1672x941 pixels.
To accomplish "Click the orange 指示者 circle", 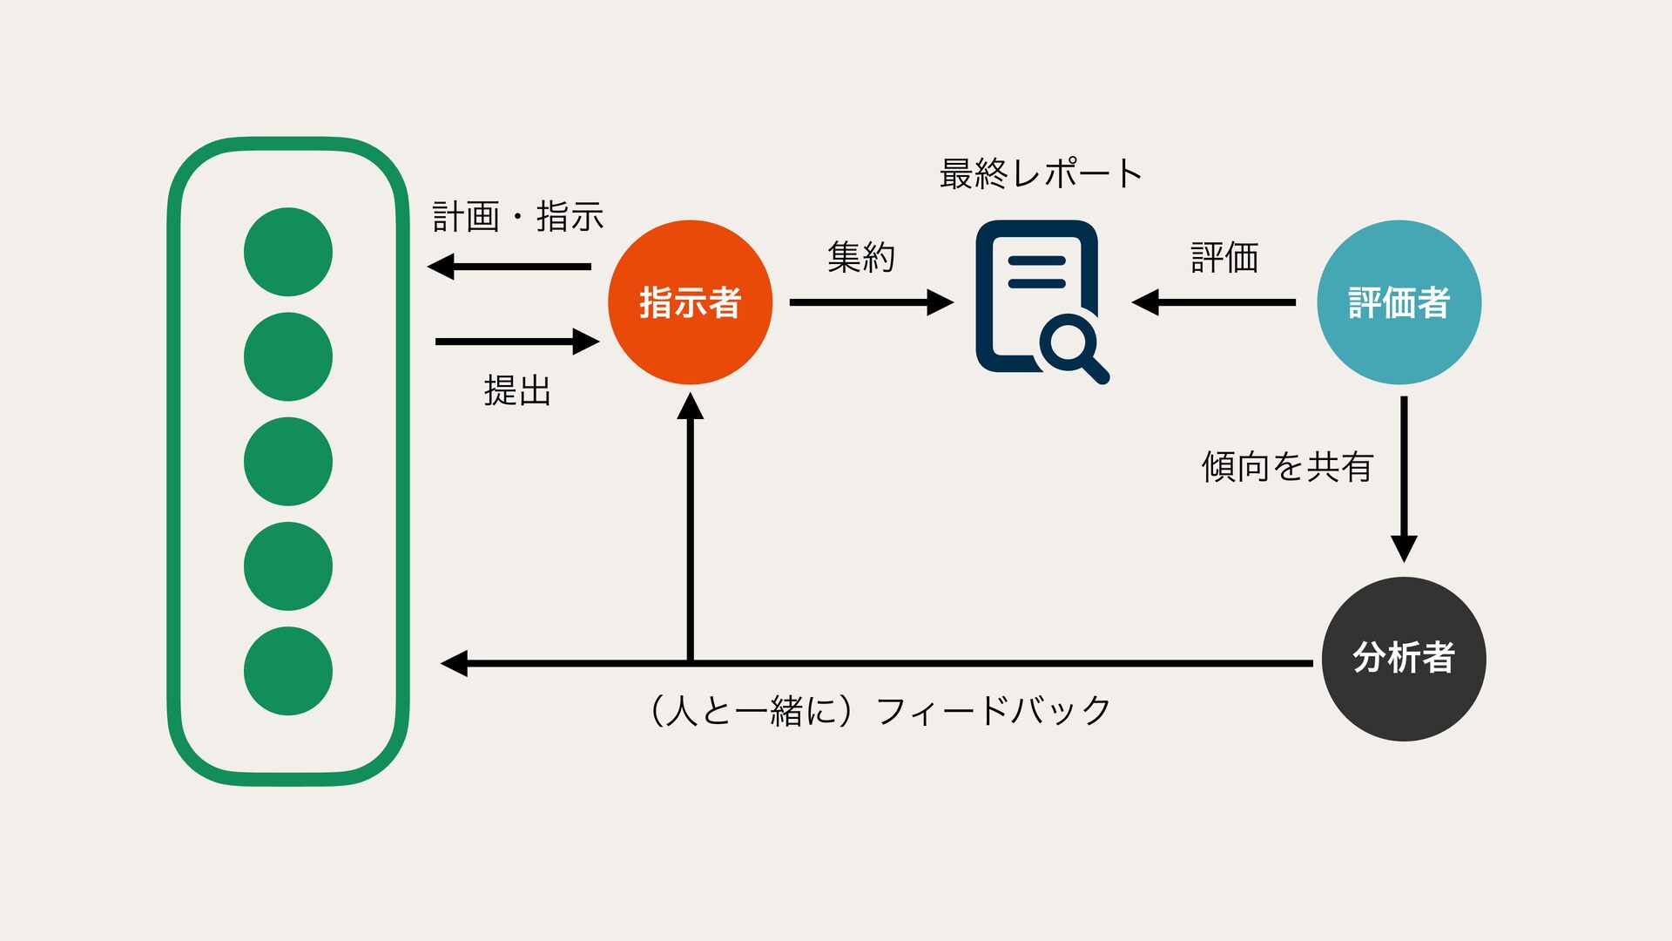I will tap(690, 302).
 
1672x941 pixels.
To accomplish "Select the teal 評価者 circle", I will tap(1399, 302).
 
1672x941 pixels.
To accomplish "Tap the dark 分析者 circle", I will tap(1403, 659).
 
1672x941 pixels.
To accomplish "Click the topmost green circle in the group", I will tap(288, 252).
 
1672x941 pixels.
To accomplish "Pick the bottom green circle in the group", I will tap(288, 671).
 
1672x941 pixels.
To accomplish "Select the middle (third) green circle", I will tap(288, 462).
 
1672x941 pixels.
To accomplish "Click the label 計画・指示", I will tap(518, 216).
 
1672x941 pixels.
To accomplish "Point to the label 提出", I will tap(517, 390).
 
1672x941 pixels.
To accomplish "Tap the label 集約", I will tap(860, 257).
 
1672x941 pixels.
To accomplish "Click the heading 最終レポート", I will tap(1040, 173).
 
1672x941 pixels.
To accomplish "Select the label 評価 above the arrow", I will tap(1224, 258).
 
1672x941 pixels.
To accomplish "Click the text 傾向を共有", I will tap(1286, 467).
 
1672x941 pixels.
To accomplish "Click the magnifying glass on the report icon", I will tap(1073, 346).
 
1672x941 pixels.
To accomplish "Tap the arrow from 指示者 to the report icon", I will tap(871, 302).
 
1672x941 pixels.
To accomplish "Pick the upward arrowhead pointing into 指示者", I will tap(691, 407).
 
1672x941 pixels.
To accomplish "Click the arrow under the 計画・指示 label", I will tap(509, 267).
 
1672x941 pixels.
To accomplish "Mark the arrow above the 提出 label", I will tap(517, 342).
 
